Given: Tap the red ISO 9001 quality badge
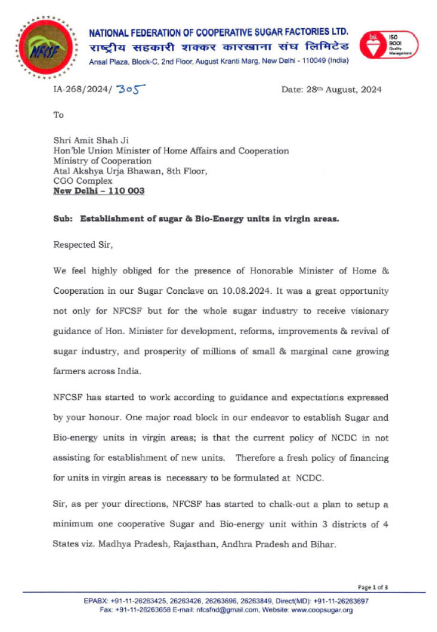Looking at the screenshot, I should coord(389,44).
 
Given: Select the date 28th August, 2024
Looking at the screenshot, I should coord(331,90).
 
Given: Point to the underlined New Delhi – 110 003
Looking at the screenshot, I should coord(99,192).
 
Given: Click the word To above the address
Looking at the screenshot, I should coord(58,114).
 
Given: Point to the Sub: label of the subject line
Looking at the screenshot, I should coord(62,218).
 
